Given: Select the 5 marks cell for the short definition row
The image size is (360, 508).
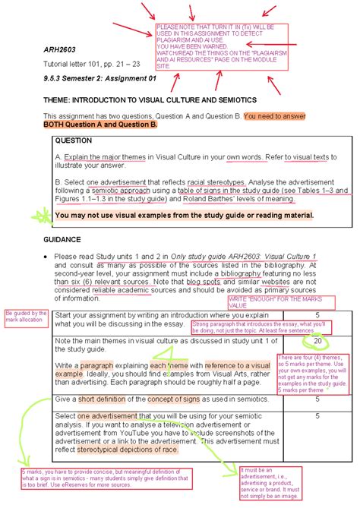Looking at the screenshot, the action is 317,398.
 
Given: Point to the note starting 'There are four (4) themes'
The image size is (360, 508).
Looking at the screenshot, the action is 315,374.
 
